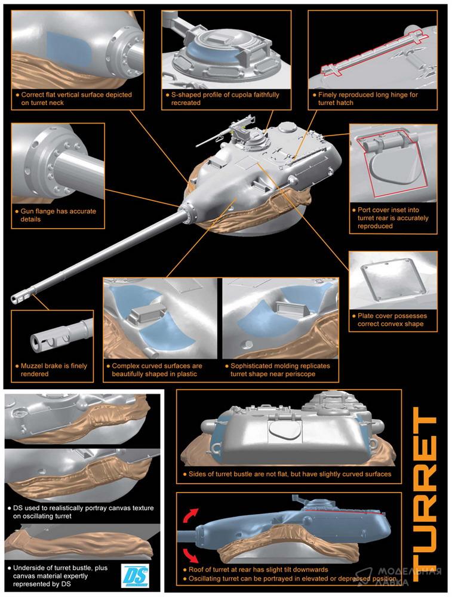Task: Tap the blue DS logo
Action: pos(136,576)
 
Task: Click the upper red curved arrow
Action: pos(191,515)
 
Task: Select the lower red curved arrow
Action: pos(190,555)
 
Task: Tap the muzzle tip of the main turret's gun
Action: pos(16,299)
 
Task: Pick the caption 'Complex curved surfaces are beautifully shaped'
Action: pos(156,370)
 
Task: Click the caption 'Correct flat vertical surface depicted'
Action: pos(74,99)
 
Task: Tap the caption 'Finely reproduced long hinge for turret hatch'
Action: pos(365,99)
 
